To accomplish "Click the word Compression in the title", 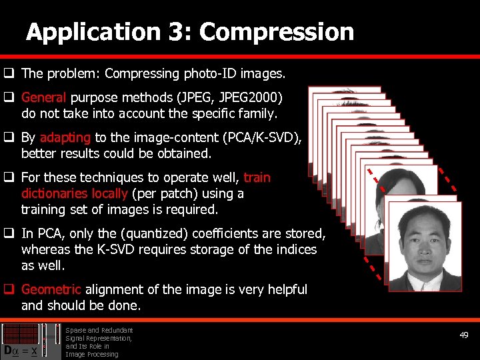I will coord(277,32).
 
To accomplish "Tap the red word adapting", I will coord(65,138).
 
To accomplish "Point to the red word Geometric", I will coord(51,289).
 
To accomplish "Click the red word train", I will coord(257,177).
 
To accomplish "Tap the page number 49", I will coord(464,335).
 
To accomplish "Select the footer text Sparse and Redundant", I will coord(99,330).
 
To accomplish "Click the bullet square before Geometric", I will coord(9,290).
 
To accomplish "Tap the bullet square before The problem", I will coord(9,73).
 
